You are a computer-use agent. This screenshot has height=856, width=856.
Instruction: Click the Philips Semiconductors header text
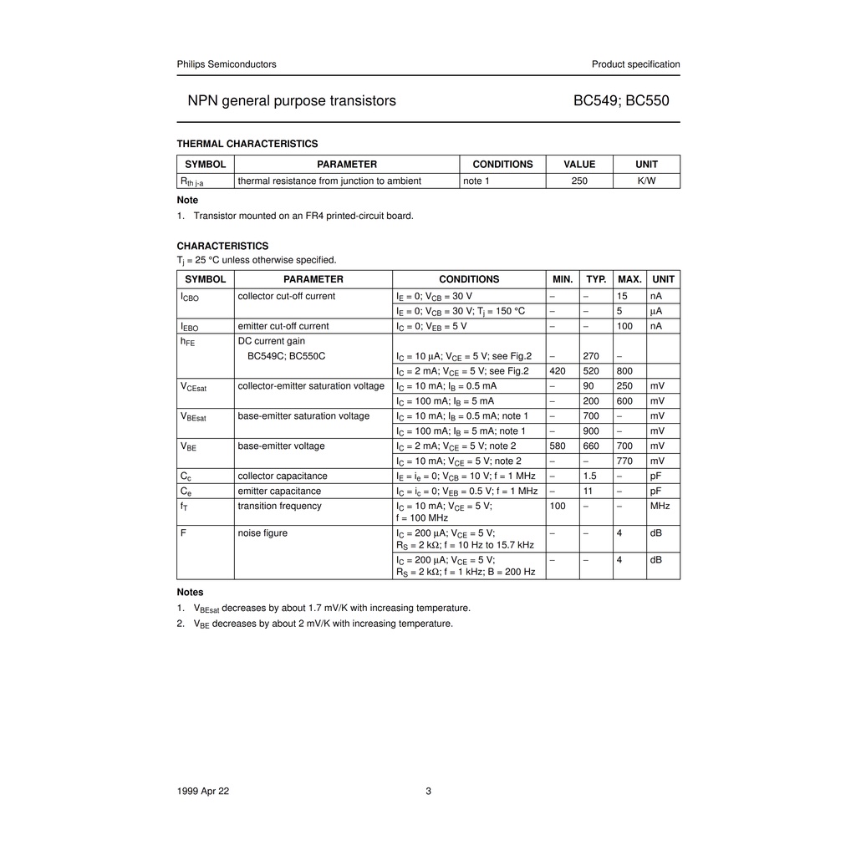click(x=227, y=64)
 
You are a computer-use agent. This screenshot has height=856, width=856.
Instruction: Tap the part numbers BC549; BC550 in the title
click(x=621, y=101)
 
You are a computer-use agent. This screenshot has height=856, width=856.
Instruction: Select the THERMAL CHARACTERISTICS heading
click(x=247, y=144)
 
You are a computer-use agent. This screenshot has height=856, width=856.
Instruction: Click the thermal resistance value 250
click(x=579, y=181)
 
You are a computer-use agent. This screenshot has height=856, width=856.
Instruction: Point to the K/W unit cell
click(x=646, y=181)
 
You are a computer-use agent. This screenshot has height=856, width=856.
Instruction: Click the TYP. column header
click(x=596, y=279)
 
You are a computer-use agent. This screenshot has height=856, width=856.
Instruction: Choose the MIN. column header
click(x=563, y=279)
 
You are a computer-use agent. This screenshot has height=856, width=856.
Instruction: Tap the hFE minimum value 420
click(x=558, y=371)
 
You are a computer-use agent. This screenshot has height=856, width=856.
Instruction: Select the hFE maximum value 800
click(x=624, y=371)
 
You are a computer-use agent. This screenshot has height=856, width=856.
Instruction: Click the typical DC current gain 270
click(x=591, y=356)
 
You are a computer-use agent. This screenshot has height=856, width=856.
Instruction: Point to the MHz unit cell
click(x=660, y=506)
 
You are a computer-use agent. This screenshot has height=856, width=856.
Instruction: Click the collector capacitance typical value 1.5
click(x=589, y=476)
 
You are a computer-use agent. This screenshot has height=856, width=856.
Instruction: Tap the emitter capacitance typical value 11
click(x=588, y=491)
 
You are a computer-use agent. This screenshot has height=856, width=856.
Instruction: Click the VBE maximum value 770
click(x=624, y=461)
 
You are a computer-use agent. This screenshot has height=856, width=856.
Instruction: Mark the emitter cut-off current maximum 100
click(x=624, y=326)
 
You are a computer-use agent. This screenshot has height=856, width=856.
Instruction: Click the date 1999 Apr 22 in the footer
click(x=203, y=792)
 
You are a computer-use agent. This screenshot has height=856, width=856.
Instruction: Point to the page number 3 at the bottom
click(x=429, y=792)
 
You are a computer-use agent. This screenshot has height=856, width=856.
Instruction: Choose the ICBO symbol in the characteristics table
click(x=189, y=297)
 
